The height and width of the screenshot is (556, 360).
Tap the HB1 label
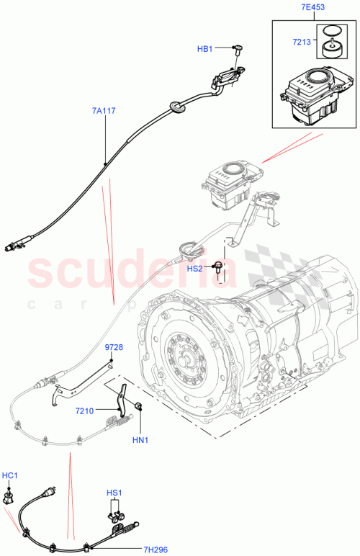tap(205, 49)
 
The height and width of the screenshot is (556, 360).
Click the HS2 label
tap(195, 268)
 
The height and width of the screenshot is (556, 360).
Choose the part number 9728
tap(114, 347)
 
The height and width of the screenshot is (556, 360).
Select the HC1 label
tap(9, 476)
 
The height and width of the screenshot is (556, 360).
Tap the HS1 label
tap(114, 493)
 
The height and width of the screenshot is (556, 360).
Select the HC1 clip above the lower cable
tap(10, 496)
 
